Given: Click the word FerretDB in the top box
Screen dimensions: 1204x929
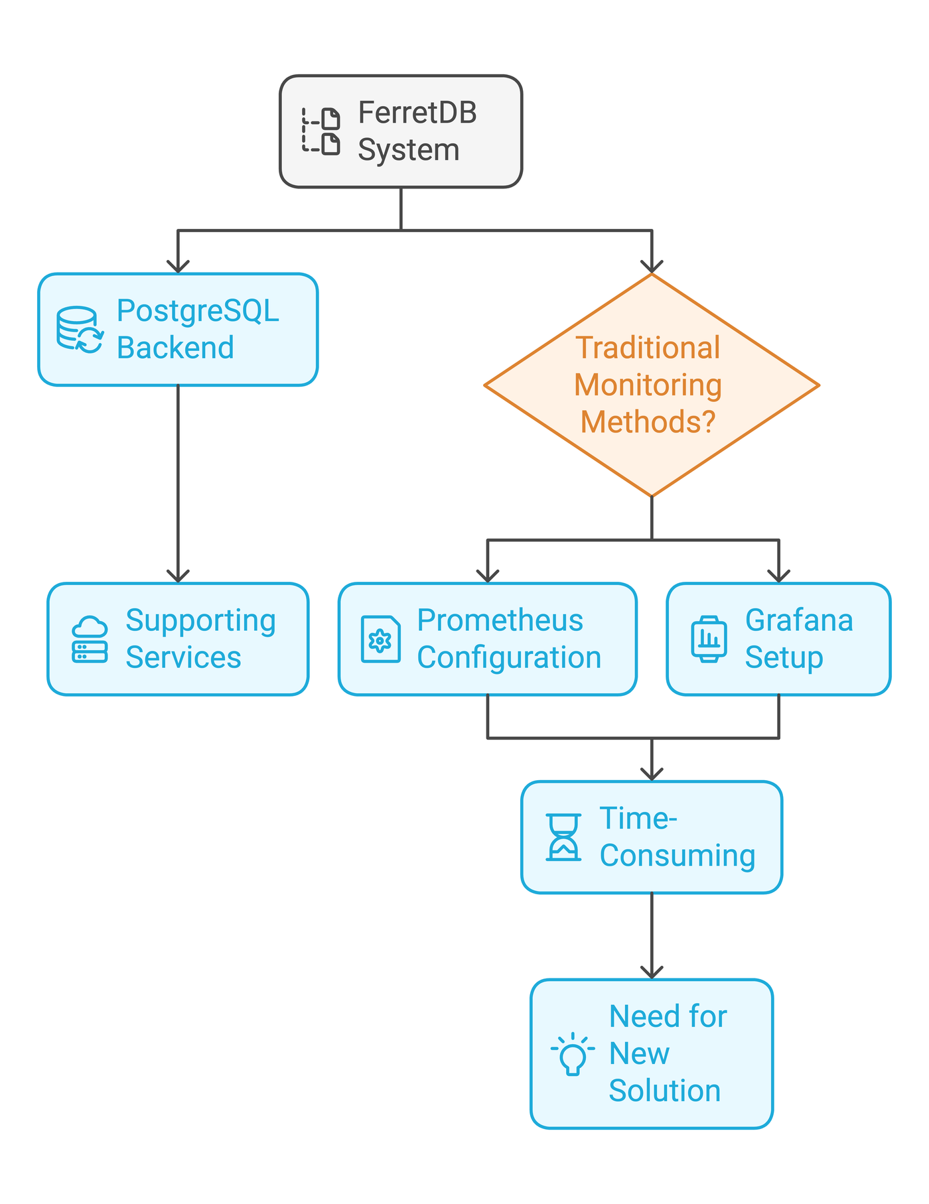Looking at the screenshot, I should coord(417,113).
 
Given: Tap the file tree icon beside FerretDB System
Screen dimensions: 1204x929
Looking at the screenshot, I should coord(321,131).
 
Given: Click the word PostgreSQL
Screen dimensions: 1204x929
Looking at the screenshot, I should coord(198,310).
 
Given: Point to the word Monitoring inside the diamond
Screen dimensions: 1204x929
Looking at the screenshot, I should coord(648,385).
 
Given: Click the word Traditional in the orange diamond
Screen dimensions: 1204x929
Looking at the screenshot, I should coord(648,348).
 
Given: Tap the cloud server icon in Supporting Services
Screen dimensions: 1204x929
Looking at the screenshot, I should coord(90,639).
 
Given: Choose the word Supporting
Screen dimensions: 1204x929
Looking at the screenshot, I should coord(200,621).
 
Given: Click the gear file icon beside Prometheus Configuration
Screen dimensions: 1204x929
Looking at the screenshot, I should coord(380,639).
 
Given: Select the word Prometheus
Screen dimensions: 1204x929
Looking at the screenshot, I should coord(500,621).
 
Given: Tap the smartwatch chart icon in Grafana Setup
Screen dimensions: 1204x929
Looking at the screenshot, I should coord(709,639).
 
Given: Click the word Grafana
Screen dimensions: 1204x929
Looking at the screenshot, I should coord(799,621).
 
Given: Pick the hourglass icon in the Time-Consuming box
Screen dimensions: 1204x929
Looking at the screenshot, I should coord(563,837).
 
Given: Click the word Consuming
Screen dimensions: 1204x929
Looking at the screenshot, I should coord(678,856).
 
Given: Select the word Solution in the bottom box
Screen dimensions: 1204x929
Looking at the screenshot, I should coord(664,1091).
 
